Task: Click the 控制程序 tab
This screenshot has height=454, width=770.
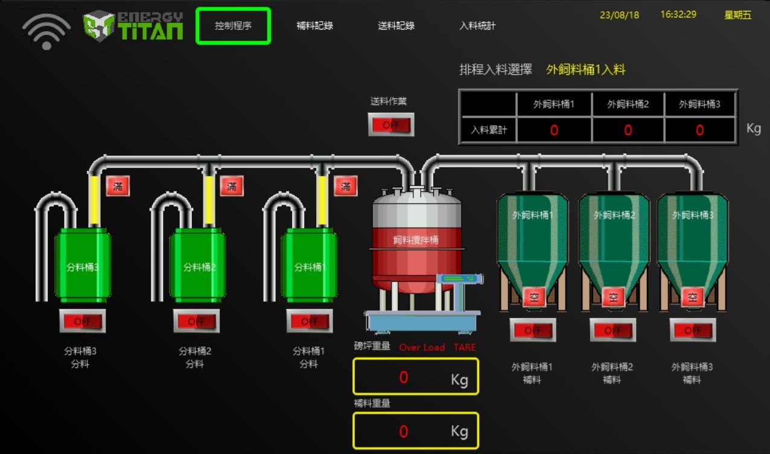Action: pos(233,26)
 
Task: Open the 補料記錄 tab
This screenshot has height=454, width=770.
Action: pos(314,26)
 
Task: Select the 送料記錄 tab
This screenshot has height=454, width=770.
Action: pos(396,26)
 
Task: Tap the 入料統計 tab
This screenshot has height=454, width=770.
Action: pos(477,26)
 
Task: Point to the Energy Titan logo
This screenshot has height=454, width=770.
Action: pos(133,26)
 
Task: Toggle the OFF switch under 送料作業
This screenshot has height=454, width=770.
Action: pos(390,125)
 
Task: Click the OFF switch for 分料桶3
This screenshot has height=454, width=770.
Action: pos(82,321)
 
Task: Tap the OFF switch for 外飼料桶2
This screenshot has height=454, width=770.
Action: pos(612,330)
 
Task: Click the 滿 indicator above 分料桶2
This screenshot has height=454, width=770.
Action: pos(232,187)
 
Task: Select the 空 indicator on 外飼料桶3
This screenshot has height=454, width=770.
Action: pos(693,297)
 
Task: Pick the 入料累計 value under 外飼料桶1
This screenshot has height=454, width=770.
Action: pos(554,130)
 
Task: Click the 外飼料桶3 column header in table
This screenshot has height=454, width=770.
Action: pos(699,104)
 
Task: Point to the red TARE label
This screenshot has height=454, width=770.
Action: pos(465,347)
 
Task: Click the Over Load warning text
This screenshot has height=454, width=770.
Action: pos(422,347)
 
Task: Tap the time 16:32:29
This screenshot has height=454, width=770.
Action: pos(678,14)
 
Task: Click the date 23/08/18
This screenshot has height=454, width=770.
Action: pos(619,15)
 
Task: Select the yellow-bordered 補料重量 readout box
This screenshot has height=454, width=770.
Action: pos(416,431)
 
